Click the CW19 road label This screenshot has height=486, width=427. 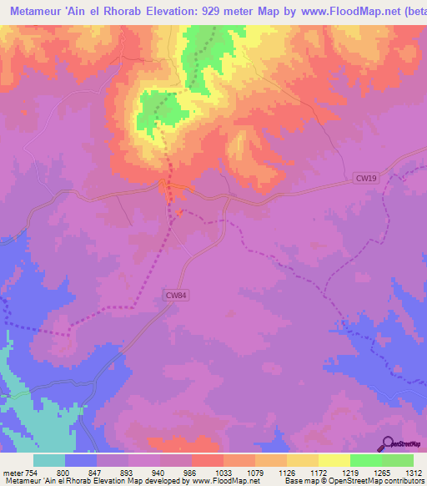(x=365, y=178)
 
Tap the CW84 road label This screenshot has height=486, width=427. (x=175, y=295)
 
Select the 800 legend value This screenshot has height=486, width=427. (x=63, y=473)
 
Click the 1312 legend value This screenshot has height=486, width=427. (x=414, y=473)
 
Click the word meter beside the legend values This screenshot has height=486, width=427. (x=12, y=473)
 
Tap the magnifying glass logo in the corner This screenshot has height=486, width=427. (x=387, y=444)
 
